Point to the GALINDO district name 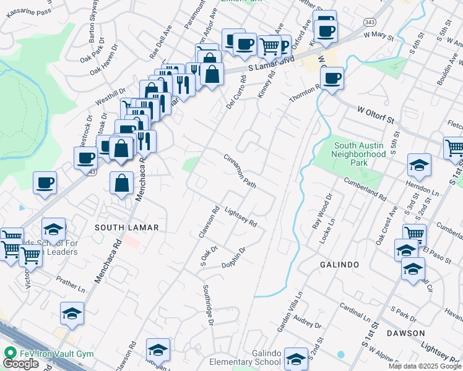pos(339,265)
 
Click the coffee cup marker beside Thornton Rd pos(332,79)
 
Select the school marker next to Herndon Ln pos(419,166)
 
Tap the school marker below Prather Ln pos(72,314)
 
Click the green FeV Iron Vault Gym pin pos(9,352)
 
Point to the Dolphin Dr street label pos(235,258)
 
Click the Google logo pos(20,364)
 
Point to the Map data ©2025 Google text pos(425,366)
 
